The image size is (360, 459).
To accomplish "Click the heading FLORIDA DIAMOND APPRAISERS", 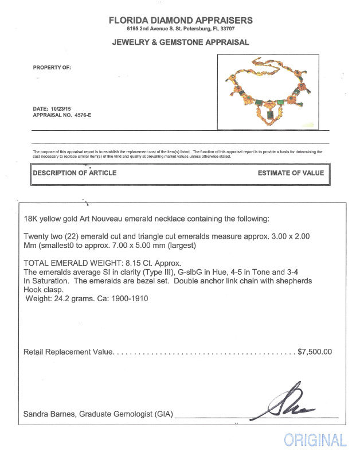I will coord(180,20).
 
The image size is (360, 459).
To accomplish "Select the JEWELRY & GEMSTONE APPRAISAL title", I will coord(180,42).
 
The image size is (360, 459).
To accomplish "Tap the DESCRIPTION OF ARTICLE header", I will coord(75,173).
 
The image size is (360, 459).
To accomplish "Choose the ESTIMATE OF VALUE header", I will coord(291,173).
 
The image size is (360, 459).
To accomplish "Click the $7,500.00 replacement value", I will coord(315,352).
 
